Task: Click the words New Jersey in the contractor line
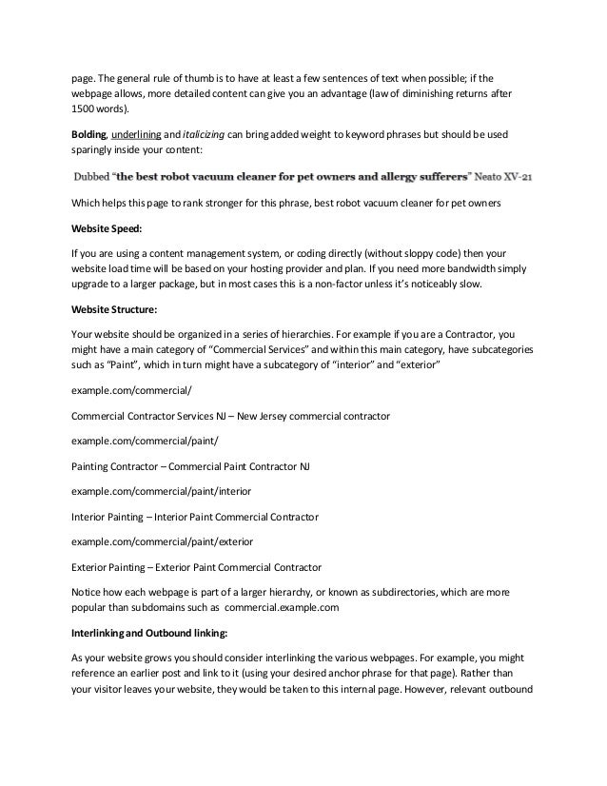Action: tap(270, 417)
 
